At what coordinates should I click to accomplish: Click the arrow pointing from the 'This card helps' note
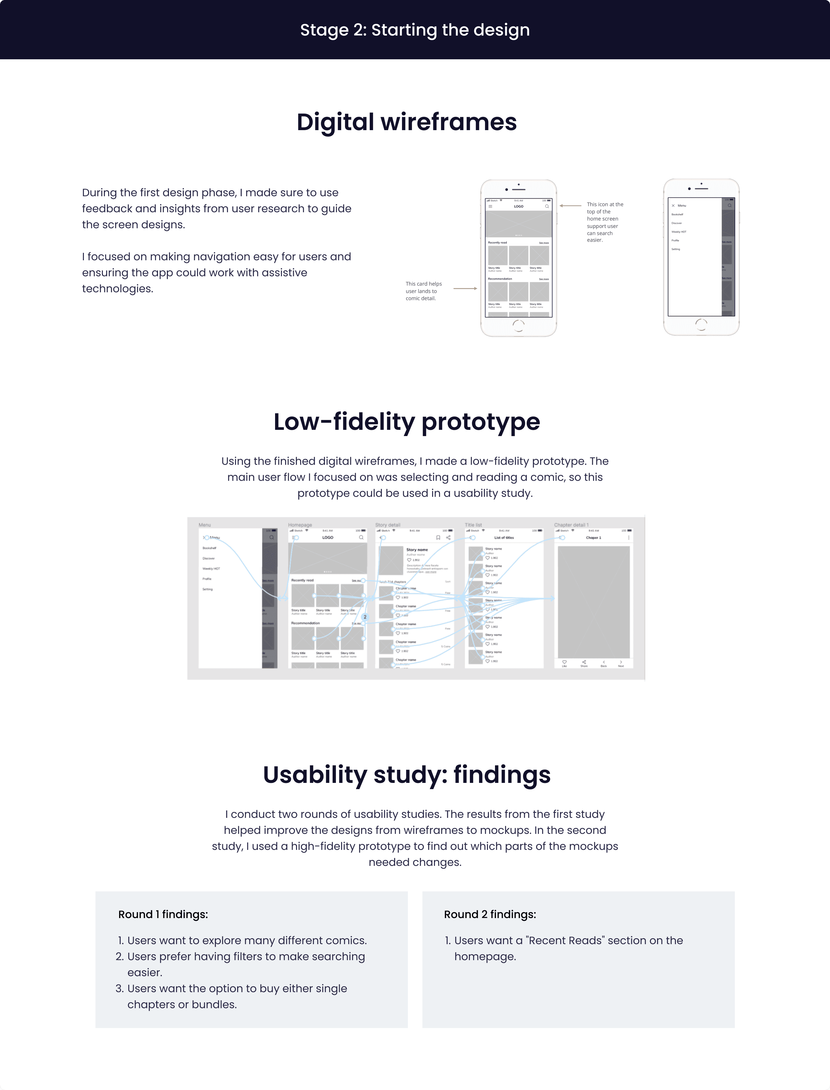[465, 288]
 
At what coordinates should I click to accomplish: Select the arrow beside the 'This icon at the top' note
[571, 205]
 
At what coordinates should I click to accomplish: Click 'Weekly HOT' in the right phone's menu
[679, 232]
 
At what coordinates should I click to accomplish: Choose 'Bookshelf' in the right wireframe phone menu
[677, 214]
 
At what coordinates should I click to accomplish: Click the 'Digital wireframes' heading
[407, 122]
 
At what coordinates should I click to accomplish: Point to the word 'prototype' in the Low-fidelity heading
[481, 422]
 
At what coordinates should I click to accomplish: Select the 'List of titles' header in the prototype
[504, 537]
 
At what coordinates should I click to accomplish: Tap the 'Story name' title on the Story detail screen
[417, 550]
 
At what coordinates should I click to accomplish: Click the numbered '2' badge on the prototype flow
[365, 617]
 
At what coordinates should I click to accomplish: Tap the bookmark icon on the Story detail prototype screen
[438, 537]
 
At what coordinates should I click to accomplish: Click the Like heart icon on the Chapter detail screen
[564, 662]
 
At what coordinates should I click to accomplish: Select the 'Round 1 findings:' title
[163, 915]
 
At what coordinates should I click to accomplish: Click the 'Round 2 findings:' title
[490, 915]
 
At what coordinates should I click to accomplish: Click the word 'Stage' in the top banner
[324, 30]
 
